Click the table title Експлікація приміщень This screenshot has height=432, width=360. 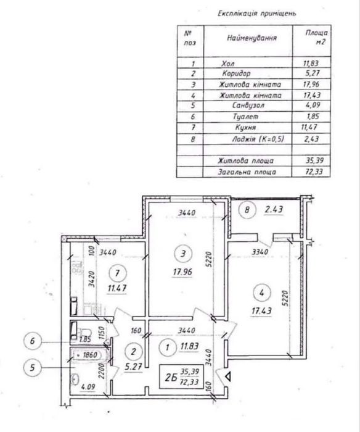tap(257, 14)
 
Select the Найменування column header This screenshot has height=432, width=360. tap(252, 38)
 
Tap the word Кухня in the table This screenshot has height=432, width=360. tap(245, 127)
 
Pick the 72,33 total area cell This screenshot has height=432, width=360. tap(314, 172)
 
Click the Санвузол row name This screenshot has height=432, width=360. tap(248, 106)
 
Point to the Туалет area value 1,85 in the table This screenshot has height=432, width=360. tap(313, 116)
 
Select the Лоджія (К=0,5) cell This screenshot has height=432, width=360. tap(258, 139)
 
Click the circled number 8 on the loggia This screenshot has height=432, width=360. tap(247, 210)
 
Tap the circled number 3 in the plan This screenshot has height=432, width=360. tap(183, 254)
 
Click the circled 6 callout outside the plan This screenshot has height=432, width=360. tap(33, 341)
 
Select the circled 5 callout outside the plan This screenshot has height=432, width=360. tap(33, 368)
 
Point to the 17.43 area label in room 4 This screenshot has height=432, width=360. tap(261, 311)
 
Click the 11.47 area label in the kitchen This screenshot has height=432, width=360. tap(117, 288)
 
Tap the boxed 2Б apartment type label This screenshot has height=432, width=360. tap(179, 376)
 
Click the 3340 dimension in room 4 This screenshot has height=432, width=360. tap(260, 252)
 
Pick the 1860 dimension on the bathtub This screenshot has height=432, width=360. tap(90, 355)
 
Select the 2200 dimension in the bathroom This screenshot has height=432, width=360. tap(101, 370)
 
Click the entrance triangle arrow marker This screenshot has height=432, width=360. tap(228, 376)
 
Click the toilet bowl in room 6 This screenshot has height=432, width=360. tap(86, 331)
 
